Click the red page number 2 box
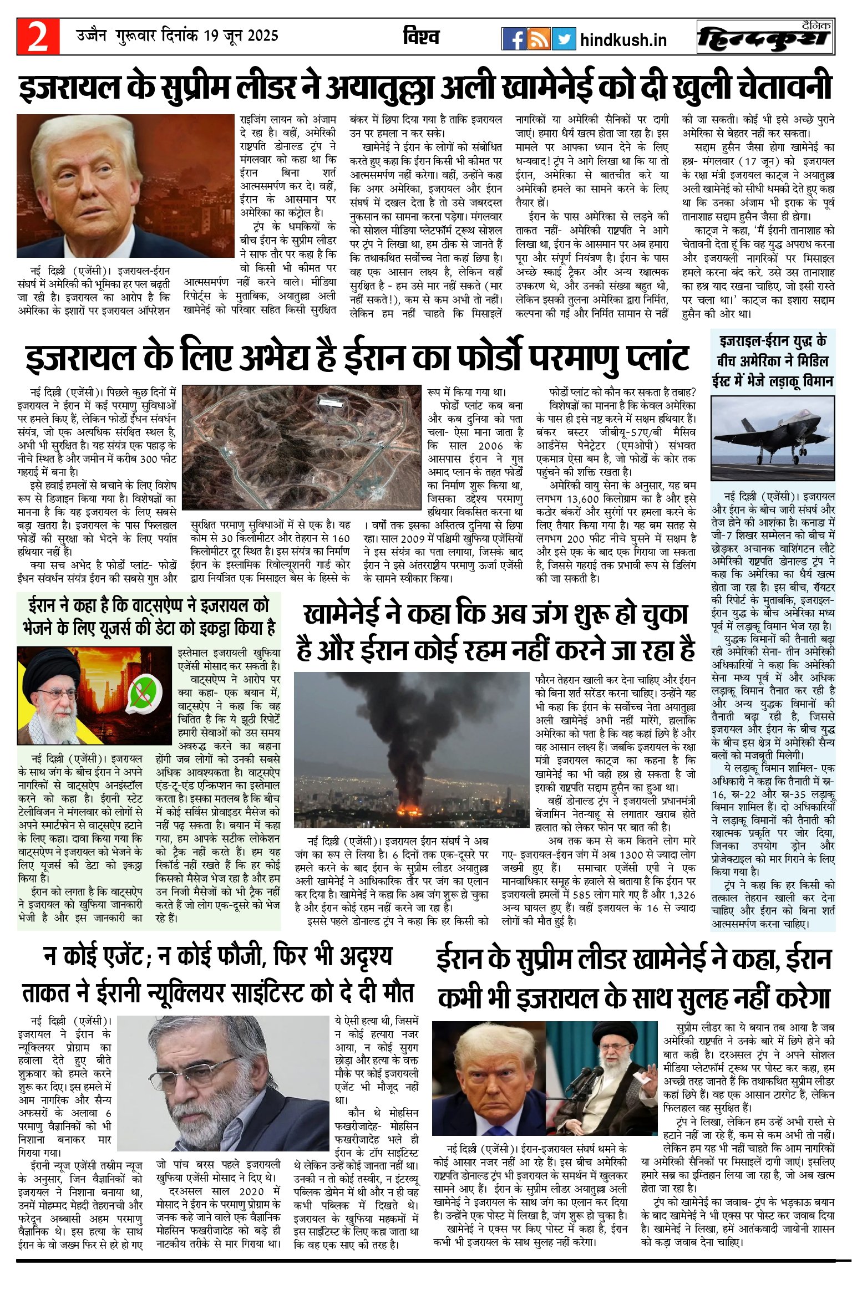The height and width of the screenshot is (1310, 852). (x=38, y=37)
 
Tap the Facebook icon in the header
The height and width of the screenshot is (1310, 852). (x=514, y=39)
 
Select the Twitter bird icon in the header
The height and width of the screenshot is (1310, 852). (x=564, y=39)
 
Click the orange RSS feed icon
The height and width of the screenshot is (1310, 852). (x=539, y=39)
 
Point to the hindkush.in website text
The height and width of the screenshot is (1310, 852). (x=623, y=40)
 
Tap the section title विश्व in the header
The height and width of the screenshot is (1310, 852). (x=421, y=37)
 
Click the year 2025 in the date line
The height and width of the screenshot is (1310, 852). (x=262, y=36)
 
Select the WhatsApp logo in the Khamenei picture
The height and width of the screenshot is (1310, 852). (x=146, y=693)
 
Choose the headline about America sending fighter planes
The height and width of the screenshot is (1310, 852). (x=773, y=361)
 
